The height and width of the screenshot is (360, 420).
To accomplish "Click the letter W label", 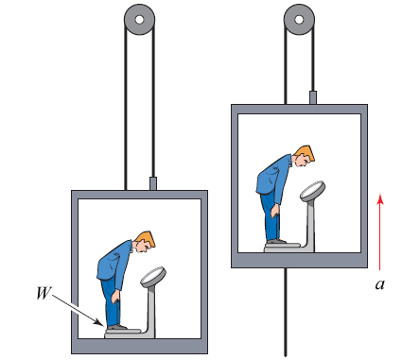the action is (x=44, y=293).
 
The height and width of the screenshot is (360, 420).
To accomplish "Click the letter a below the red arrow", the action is (x=380, y=284).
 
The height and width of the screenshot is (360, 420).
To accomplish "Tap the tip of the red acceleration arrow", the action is (x=380, y=194).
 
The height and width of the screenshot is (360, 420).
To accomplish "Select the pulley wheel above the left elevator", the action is (x=139, y=19).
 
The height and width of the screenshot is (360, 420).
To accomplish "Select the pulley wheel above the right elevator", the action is (x=299, y=19).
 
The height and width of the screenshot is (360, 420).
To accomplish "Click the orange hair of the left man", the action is (x=147, y=239).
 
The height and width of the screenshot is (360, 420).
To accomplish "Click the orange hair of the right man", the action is (x=306, y=153).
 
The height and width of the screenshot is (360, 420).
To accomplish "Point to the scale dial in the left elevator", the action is (x=153, y=276).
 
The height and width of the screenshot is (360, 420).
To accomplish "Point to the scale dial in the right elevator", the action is (x=312, y=191).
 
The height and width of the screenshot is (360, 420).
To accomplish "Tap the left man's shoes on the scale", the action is (x=116, y=327).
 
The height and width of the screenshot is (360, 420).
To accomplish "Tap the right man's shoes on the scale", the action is (x=276, y=241).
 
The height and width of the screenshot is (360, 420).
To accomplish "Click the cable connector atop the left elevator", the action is (x=153, y=183).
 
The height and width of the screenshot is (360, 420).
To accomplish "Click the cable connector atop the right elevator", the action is (x=313, y=97).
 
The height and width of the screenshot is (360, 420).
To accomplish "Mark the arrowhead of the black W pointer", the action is (x=100, y=323).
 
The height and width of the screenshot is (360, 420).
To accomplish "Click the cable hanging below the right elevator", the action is (x=286, y=313).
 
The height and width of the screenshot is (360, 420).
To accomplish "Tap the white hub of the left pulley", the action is (x=139, y=20).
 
